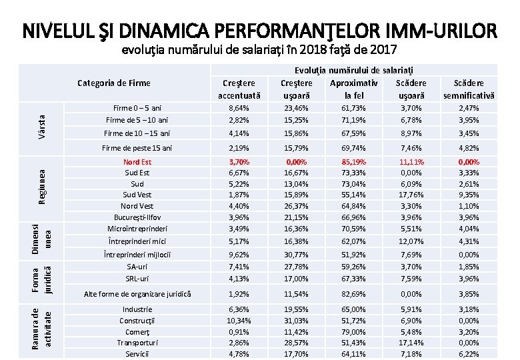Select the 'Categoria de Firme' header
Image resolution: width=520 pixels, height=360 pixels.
click(x=114, y=83)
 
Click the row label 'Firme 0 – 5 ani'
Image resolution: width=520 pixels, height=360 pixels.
click(x=137, y=107)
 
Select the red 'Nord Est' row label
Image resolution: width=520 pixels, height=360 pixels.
click(x=137, y=162)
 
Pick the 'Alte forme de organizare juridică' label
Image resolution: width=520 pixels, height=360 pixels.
click(x=137, y=293)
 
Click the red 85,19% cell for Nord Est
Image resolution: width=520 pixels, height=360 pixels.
click(x=353, y=162)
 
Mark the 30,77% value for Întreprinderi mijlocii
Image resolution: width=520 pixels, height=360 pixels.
click(x=296, y=254)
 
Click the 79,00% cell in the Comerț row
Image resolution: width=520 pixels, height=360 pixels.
click(x=353, y=332)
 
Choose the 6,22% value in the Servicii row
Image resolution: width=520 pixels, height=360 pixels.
click(x=469, y=353)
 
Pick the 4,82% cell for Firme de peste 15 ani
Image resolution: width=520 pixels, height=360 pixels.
click(x=469, y=148)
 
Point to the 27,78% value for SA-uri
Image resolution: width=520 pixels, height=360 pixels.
click(x=296, y=267)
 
